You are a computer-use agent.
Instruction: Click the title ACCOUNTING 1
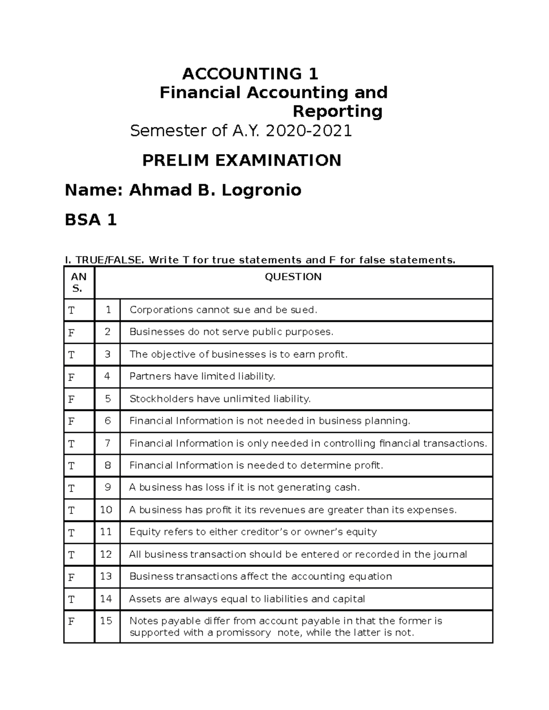250,74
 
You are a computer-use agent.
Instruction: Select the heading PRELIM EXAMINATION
242,160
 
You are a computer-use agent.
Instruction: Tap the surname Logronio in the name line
261,190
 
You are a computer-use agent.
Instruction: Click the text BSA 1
91,220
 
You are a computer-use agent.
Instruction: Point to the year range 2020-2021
309,131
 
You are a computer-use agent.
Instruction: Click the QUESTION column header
293,277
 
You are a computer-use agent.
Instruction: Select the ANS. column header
79,283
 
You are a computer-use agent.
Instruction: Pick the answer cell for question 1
71,310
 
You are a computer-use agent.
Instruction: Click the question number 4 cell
108,376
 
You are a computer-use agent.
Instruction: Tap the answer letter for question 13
71,577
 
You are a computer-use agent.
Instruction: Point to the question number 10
106,510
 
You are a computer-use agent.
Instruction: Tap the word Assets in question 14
143,599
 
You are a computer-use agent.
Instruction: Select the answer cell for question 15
71,622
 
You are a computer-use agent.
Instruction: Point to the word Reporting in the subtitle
338,112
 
